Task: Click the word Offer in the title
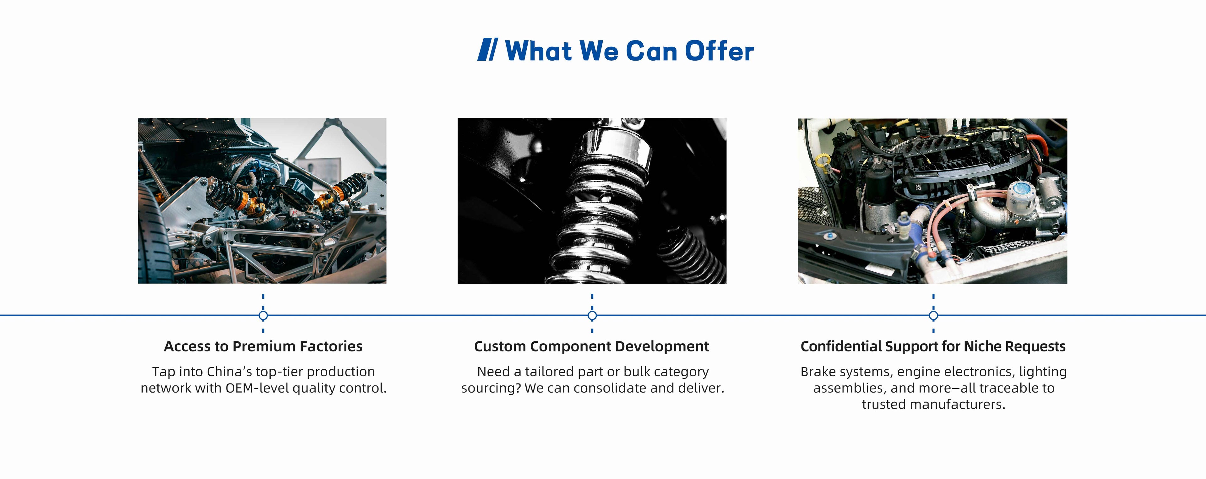coord(720,51)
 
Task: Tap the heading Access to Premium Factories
coord(263,346)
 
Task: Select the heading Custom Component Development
coord(591,346)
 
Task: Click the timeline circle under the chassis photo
coord(263,316)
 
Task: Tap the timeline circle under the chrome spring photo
coord(592,316)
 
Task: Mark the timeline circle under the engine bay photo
coord(933,316)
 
